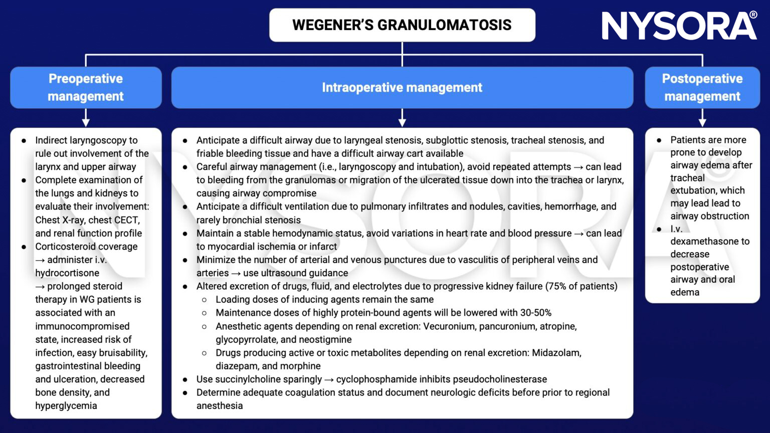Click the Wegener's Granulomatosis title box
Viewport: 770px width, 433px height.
[x=402, y=25]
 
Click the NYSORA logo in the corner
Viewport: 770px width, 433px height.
[x=679, y=26]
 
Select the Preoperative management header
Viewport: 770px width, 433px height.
[x=86, y=87]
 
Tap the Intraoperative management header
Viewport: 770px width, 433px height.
[x=402, y=87]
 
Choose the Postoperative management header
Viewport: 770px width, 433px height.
[x=702, y=87]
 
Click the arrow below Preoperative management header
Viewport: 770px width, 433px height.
[x=86, y=119]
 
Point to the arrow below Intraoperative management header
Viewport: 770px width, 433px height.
[x=402, y=119]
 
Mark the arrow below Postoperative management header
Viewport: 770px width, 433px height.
[x=702, y=119]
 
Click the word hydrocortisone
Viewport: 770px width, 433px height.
[x=67, y=273]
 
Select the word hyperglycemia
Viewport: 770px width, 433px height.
[x=66, y=406]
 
